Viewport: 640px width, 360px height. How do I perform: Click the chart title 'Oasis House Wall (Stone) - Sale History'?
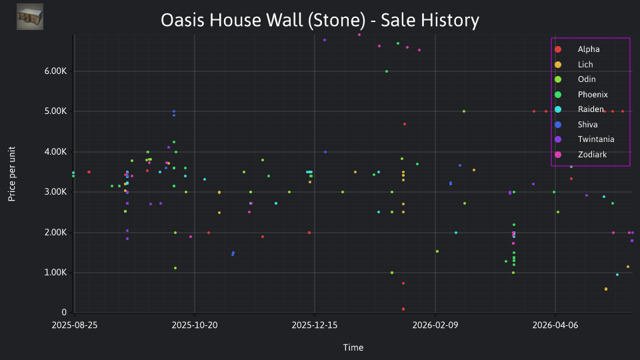(x=319, y=20)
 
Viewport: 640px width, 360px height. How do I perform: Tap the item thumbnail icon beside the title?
(x=30, y=17)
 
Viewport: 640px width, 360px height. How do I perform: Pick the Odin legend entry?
(x=575, y=79)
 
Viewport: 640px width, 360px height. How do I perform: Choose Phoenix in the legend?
(x=581, y=95)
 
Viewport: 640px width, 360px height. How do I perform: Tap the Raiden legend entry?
(x=579, y=109)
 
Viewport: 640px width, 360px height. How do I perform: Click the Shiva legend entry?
(x=576, y=125)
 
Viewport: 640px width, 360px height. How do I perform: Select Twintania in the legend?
(x=585, y=139)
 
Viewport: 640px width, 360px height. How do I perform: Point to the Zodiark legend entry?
(x=581, y=155)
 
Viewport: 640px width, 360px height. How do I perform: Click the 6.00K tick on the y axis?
(x=55, y=71)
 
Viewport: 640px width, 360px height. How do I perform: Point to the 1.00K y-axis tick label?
(x=55, y=273)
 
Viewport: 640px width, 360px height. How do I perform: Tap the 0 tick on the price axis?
(x=64, y=313)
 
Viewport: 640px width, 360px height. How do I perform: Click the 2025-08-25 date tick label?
(x=75, y=325)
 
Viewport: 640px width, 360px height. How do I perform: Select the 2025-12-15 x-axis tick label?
(x=315, y=325)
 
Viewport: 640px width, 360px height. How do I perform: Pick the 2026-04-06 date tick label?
(x=555, y=325)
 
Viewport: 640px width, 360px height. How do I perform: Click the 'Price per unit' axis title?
(x=12, y=174)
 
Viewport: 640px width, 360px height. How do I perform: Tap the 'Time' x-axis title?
(x=353, y=347)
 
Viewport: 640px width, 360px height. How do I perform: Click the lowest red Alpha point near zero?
(x=403, y=309)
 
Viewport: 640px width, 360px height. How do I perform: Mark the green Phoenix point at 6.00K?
(x=387, y=71)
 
